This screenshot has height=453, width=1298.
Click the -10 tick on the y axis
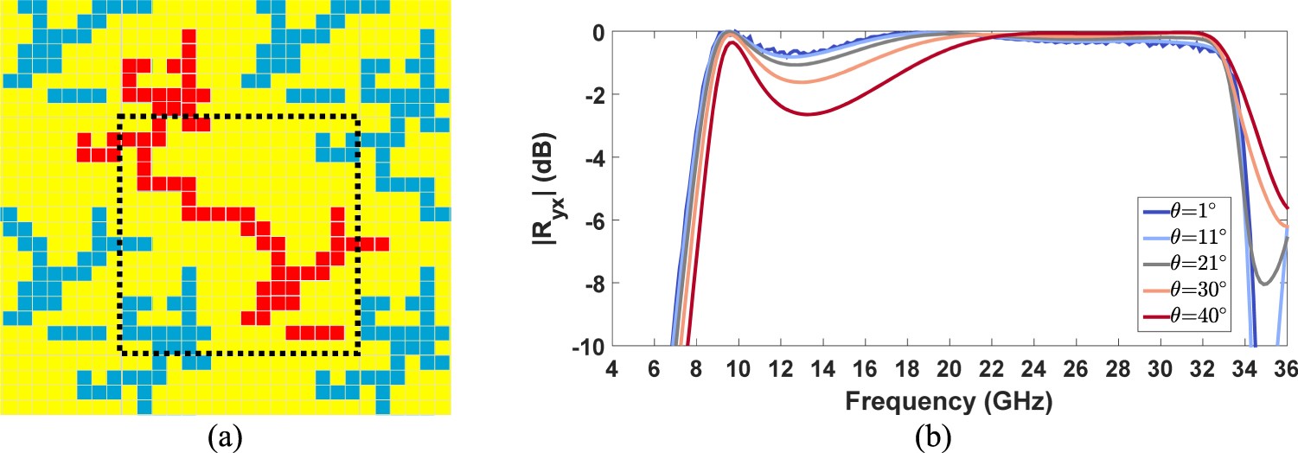(587, 346)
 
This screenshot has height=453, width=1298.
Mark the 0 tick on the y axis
(597, 33)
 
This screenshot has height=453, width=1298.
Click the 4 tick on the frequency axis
(612, 367)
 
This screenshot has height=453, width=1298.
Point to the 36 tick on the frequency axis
(1288, 367)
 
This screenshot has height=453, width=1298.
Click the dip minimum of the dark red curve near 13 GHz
(807, 114)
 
